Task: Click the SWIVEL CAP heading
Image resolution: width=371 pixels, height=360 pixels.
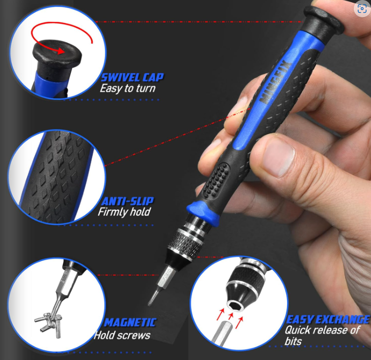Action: pyautogui.click(x=132, y=77)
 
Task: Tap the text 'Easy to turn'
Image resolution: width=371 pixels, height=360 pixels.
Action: pyautogui.click(x=127, y=89)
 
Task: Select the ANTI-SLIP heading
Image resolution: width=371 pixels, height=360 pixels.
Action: pyautogui.click(x=127, y=201)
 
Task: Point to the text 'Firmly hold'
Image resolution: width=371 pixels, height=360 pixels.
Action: pyautogui.click(x=124, y=212)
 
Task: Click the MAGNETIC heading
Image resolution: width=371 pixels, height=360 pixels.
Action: pyautogui.click(x=130, y=322)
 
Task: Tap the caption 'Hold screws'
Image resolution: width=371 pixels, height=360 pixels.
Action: pyautogui.click(x=122, y=335)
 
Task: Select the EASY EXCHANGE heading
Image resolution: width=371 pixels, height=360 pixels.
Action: pyautogui.click(x=327, y=320)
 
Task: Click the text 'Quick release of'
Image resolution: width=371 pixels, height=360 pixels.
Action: pyautogui.click(x=323, y=330)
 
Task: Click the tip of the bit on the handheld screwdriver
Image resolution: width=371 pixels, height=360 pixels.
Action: pyautogui.click(x=149, y=305)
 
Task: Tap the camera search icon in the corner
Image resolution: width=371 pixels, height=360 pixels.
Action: pyautogui.click(x=362, y=9)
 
